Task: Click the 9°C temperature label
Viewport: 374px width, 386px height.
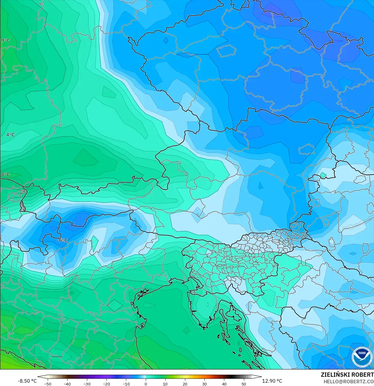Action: [5, 40]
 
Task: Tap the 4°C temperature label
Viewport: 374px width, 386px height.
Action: [10, 135]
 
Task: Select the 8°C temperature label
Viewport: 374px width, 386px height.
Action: [5, 175]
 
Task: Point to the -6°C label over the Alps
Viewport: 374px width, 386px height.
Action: [62, 240]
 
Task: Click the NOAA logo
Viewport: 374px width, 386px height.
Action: [362, 357]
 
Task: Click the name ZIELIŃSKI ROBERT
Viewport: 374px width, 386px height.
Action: [347, 375]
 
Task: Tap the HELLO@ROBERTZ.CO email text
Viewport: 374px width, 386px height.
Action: [349, 382]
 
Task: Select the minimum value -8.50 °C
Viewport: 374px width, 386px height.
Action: [27, 381]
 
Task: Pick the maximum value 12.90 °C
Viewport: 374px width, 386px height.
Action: [272, 381]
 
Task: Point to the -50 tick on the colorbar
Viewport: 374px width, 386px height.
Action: [48, 384]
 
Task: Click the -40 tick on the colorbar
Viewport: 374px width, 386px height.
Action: [67, 384]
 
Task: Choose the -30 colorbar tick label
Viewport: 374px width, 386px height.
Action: [87, 384]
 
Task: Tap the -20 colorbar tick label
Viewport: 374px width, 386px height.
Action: [106, 384]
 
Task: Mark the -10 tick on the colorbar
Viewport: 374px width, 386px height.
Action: [126, 384]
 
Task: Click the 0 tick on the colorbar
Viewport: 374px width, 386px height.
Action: [146, 384]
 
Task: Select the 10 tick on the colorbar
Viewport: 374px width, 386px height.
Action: [165, 384]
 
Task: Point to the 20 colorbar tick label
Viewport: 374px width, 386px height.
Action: [185, 384]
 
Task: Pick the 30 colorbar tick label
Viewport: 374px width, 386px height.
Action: [205, 384]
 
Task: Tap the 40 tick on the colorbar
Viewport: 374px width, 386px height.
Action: [224, 384]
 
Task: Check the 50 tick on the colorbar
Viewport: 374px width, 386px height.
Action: [244, 384]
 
